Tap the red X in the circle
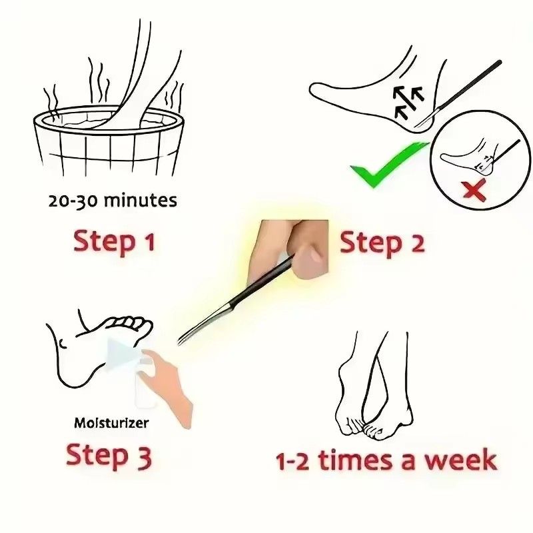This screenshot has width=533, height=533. pos(474,191)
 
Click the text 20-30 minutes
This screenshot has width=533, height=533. pos(113,201)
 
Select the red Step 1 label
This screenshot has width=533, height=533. pos(114,241)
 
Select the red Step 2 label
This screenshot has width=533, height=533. pos(382,243)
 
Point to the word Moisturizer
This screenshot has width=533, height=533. pos(111,422)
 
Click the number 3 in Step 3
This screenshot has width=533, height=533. pos(142,457)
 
